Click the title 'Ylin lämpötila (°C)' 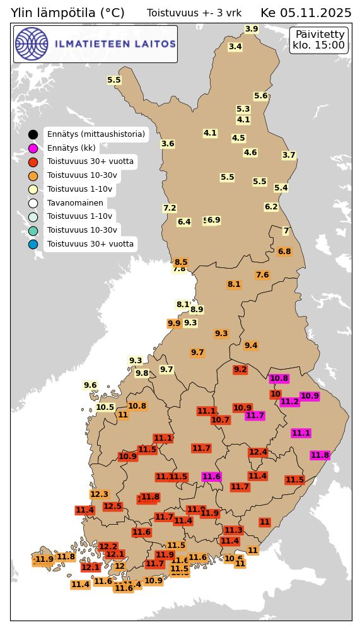tap(67, 13)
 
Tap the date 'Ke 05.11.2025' tap(306, 13)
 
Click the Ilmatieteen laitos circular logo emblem tap(32, 44)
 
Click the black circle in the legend tap(33, 134)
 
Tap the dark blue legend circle tap(33, 244)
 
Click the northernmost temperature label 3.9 tap(252, 29)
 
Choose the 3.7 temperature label tap(289, 155)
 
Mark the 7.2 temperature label tap(170, 208)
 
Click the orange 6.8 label tap(284, 252)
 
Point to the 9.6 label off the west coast tap(90, 385)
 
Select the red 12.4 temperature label tap(258, 452)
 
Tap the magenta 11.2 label tap(289, 402)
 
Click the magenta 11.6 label tap(211, 477)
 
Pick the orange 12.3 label tap(100, 494)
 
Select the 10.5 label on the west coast tap(105, 407)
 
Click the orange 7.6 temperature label tap(262, 275)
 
